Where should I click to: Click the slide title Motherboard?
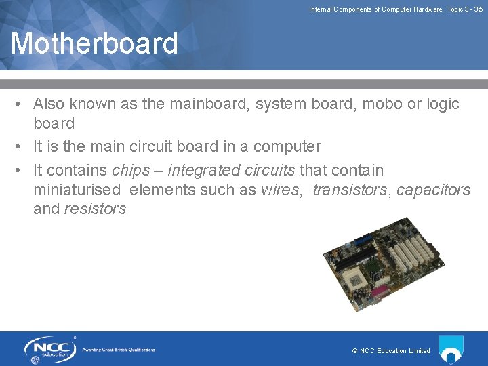[94, 43]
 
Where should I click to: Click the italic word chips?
[131, 169]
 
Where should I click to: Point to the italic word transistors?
[349, 190]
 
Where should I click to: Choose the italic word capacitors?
[433, 190]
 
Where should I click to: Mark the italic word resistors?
[95, 209]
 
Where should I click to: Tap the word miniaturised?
[77, 190]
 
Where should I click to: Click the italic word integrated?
[202, 169]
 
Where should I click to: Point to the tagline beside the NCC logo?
[119, 350]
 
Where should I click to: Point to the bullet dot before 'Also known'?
[22, 104]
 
